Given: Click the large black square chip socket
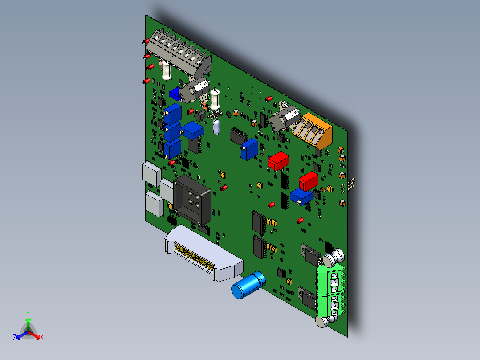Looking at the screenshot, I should [192, 198].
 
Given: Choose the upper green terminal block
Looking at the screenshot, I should [331, 278].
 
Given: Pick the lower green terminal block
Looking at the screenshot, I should [331, 304].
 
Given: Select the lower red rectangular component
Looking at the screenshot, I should [309, 181].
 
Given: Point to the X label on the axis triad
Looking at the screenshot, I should [42, 338].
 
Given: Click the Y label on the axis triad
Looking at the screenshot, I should [28, 313].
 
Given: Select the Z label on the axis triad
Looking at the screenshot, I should [14, 338].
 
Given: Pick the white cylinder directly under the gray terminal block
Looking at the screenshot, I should [166, 70].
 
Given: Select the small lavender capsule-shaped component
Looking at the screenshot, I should [217, 127].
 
